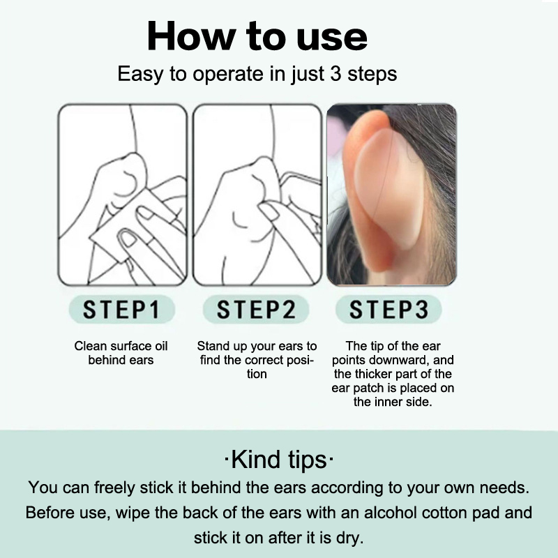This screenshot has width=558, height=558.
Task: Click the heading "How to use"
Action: point(257,36)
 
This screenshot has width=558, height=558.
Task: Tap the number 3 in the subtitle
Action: point(336,73)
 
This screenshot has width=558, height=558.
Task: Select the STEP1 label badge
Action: point(121,309)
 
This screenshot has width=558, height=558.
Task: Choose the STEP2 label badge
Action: point(256,309)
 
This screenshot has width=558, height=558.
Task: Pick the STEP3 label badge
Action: point(389,309)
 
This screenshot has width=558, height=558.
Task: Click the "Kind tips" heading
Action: point(279,460)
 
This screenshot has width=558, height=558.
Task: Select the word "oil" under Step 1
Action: point(161,346)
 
